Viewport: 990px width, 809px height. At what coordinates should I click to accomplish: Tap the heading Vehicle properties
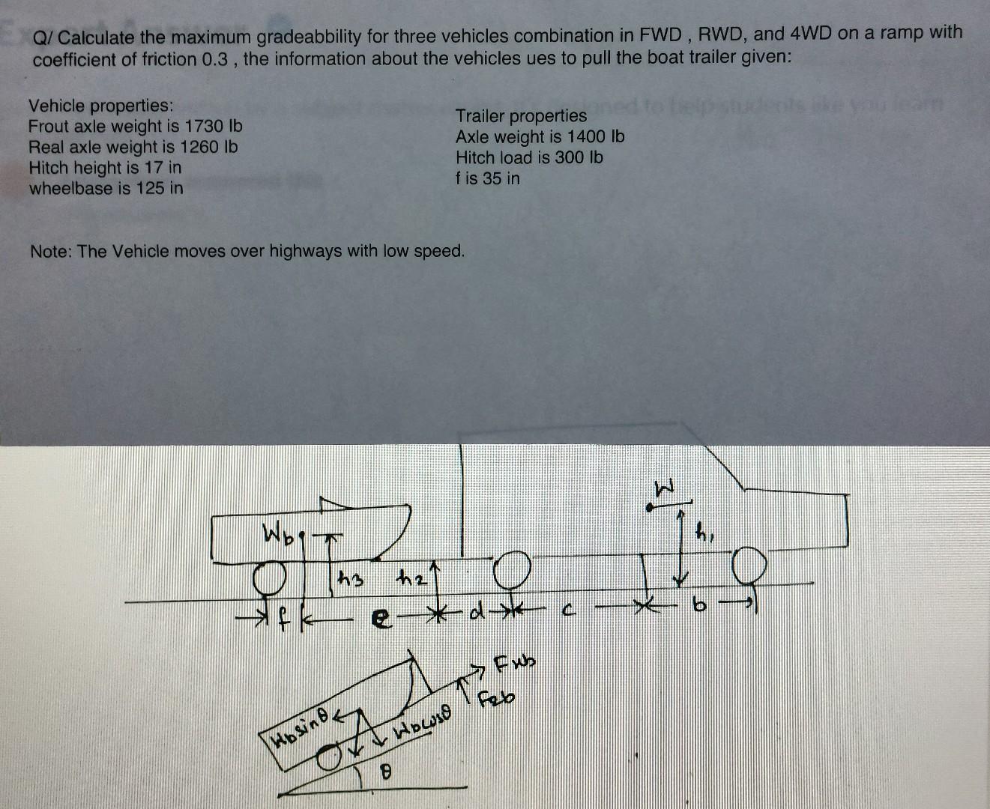coord(100,106)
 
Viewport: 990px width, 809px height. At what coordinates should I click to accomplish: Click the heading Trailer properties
coord(521,115)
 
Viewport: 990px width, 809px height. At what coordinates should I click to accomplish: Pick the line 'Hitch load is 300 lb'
coord(529,157)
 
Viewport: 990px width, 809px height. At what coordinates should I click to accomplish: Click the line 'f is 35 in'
coord(487,178)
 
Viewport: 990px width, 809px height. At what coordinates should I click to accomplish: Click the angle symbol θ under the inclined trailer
coord(387,770)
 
